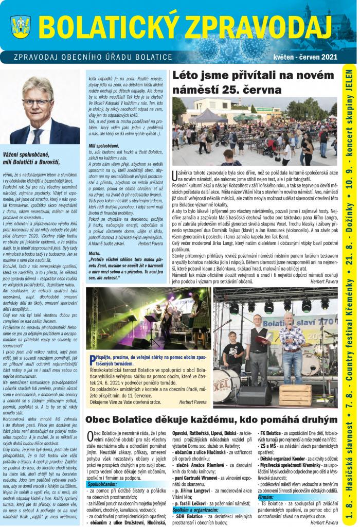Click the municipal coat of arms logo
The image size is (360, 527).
(x=21, y=25)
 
